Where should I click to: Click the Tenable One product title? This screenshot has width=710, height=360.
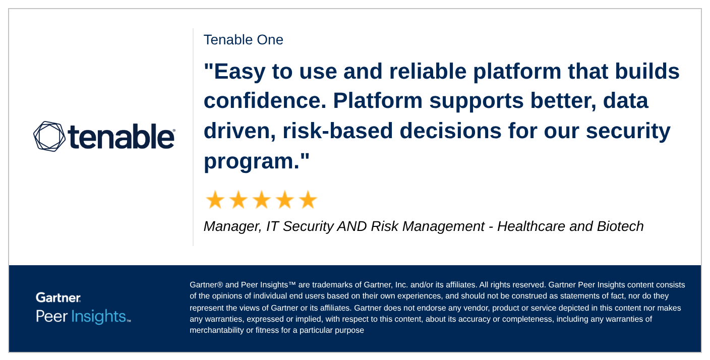[243, 40]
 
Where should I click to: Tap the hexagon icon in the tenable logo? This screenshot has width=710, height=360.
[49, 136]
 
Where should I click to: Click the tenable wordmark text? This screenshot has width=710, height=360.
[121, 136]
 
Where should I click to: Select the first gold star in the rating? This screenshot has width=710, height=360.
[215, 200]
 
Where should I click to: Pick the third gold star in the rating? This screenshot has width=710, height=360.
[261, 200]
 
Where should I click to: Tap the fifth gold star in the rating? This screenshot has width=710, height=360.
[308, 200]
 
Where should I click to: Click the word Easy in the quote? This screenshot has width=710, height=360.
[240, 71]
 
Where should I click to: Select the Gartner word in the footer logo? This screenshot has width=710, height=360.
[58, 297]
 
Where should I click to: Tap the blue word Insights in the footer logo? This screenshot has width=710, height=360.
[99, 317]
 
